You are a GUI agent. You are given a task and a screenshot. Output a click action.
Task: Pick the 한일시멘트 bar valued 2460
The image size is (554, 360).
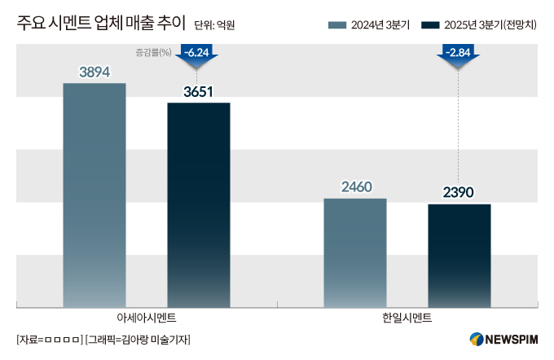coord(355,252)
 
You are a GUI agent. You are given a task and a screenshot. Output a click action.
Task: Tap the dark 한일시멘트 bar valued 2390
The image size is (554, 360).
coord(459,254)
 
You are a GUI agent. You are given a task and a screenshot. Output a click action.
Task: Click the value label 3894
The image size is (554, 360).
coord(95,72)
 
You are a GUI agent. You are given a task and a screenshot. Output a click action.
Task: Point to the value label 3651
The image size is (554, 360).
coord(199,92)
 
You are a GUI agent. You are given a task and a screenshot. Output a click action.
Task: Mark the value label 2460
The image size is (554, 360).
coord(356,187)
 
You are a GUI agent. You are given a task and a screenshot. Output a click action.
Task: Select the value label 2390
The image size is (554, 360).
coord(459,193)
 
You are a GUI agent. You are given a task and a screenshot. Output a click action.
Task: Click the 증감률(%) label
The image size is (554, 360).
coord(153,53)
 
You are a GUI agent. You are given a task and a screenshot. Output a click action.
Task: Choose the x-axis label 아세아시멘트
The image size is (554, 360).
coord(147,317)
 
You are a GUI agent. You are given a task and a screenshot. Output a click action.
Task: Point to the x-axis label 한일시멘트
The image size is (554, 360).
coord(407,317)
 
